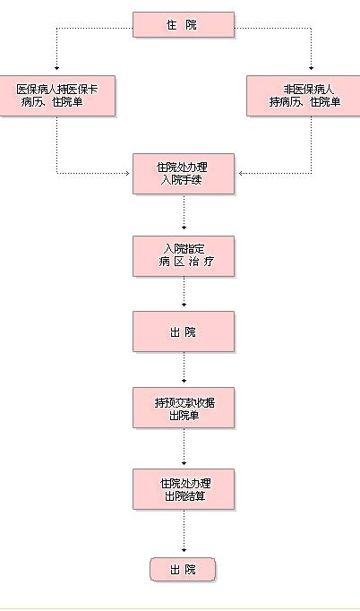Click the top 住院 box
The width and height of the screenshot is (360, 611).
coord(184,24)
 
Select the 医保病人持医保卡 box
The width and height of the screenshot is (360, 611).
coord(57,96)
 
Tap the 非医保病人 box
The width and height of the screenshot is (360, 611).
coord(304,96)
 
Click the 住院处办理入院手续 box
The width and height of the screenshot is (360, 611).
coord(184,174)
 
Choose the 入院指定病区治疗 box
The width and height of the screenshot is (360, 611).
coord(184,256)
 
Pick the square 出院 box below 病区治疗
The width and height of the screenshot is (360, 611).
coord(184,331)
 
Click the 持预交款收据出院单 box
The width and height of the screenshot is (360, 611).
coord(184,408)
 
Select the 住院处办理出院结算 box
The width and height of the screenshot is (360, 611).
coord(184,489)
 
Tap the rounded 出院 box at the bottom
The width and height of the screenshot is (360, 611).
coord(183,569)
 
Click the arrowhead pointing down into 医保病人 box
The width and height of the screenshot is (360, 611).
coord(57,68)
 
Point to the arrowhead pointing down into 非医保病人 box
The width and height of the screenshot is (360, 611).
coord(311,68)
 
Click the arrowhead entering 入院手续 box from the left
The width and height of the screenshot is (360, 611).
coord(127,174)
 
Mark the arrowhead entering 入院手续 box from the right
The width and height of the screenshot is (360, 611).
coord(241,174)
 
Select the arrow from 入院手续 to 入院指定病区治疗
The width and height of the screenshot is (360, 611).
coord(184,212)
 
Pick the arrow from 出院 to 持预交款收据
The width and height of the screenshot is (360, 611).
coord(184,367)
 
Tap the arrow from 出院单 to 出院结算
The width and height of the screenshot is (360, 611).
coord(184,446)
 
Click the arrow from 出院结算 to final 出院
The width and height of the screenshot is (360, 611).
coord(184,531)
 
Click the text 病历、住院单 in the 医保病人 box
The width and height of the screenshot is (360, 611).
coord(52,102)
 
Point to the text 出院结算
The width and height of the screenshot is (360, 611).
coord(185,496)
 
